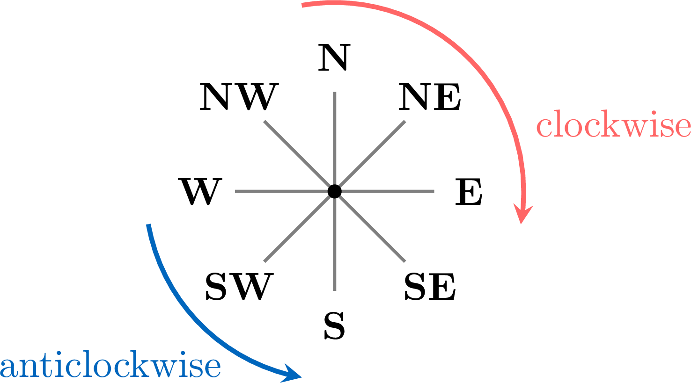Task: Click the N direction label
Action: (x=334, y=58)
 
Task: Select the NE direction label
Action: (x=430, y=97)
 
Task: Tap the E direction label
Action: (x=469, y=192)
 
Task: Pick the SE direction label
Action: (x=430, y=287)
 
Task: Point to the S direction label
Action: (x=334, y=325)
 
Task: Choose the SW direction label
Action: (x=239, y=287)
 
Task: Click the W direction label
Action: (x=200, y=192)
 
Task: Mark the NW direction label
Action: (x=239, y=97)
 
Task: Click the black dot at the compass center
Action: (x=334, y=191)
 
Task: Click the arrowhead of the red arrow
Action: (x=522, y=214)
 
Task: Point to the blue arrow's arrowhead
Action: (x=292, y=374)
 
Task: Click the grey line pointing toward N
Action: (x=334, y=142)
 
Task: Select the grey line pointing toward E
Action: (x=384, y=191)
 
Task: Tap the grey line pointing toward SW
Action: (x=299, y=226)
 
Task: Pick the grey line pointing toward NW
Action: (x=299, y=156)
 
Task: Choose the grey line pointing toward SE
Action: (x=370, y=226)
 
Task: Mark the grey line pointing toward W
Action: (x=285, y=191)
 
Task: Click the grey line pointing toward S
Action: (x=334, y=241)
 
